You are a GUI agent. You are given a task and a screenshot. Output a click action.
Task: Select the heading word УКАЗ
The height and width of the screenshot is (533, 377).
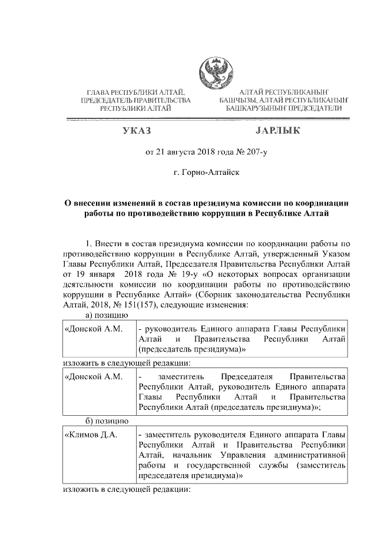(x=137, y=130)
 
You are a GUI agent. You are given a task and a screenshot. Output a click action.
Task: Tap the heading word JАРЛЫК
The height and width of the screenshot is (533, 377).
(x=279, y=130)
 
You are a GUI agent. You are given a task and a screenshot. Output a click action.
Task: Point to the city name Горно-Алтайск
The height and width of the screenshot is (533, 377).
(x=207, y=174)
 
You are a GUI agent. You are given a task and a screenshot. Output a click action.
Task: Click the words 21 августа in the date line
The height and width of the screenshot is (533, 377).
(x=176, y=153)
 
